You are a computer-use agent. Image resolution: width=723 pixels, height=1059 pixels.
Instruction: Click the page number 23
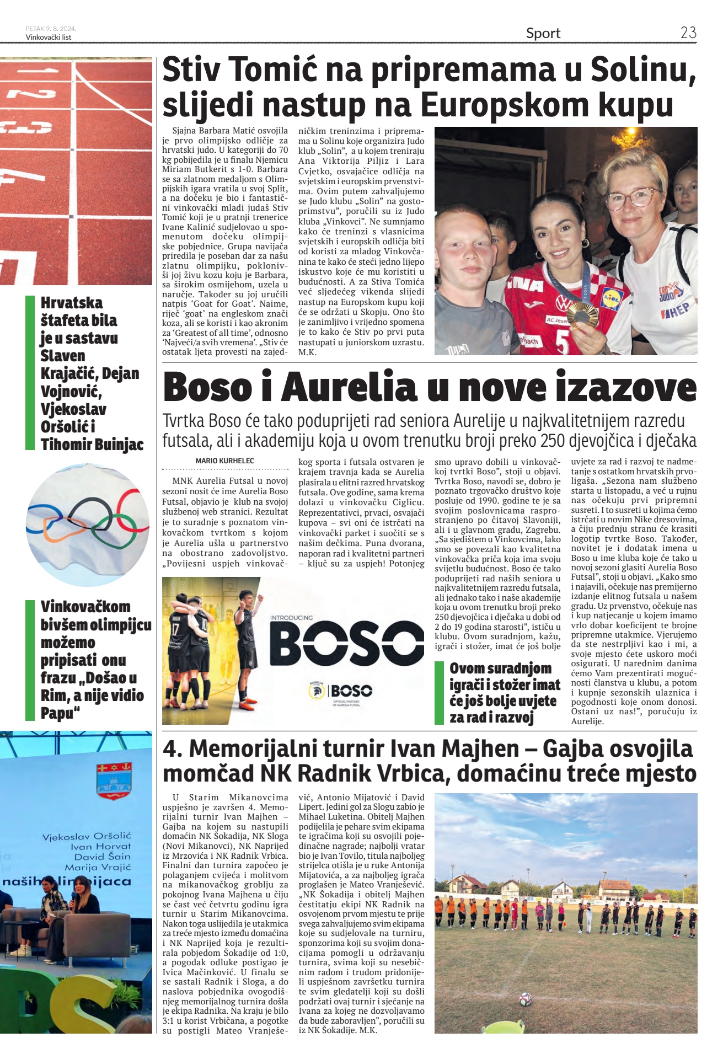688,33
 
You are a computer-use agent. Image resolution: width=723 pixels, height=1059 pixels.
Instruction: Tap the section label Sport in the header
543,34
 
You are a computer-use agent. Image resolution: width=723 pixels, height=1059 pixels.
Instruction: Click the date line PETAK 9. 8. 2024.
51,29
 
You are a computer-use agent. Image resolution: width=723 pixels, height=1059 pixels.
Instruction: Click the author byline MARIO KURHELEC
224,461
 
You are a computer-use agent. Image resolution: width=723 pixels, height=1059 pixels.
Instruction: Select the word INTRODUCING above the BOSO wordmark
291,618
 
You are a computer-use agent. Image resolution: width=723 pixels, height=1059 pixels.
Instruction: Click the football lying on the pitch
525,998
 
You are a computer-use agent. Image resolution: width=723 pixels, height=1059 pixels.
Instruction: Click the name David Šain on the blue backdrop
103,857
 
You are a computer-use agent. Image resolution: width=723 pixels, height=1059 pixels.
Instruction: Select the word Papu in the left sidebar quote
57,713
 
